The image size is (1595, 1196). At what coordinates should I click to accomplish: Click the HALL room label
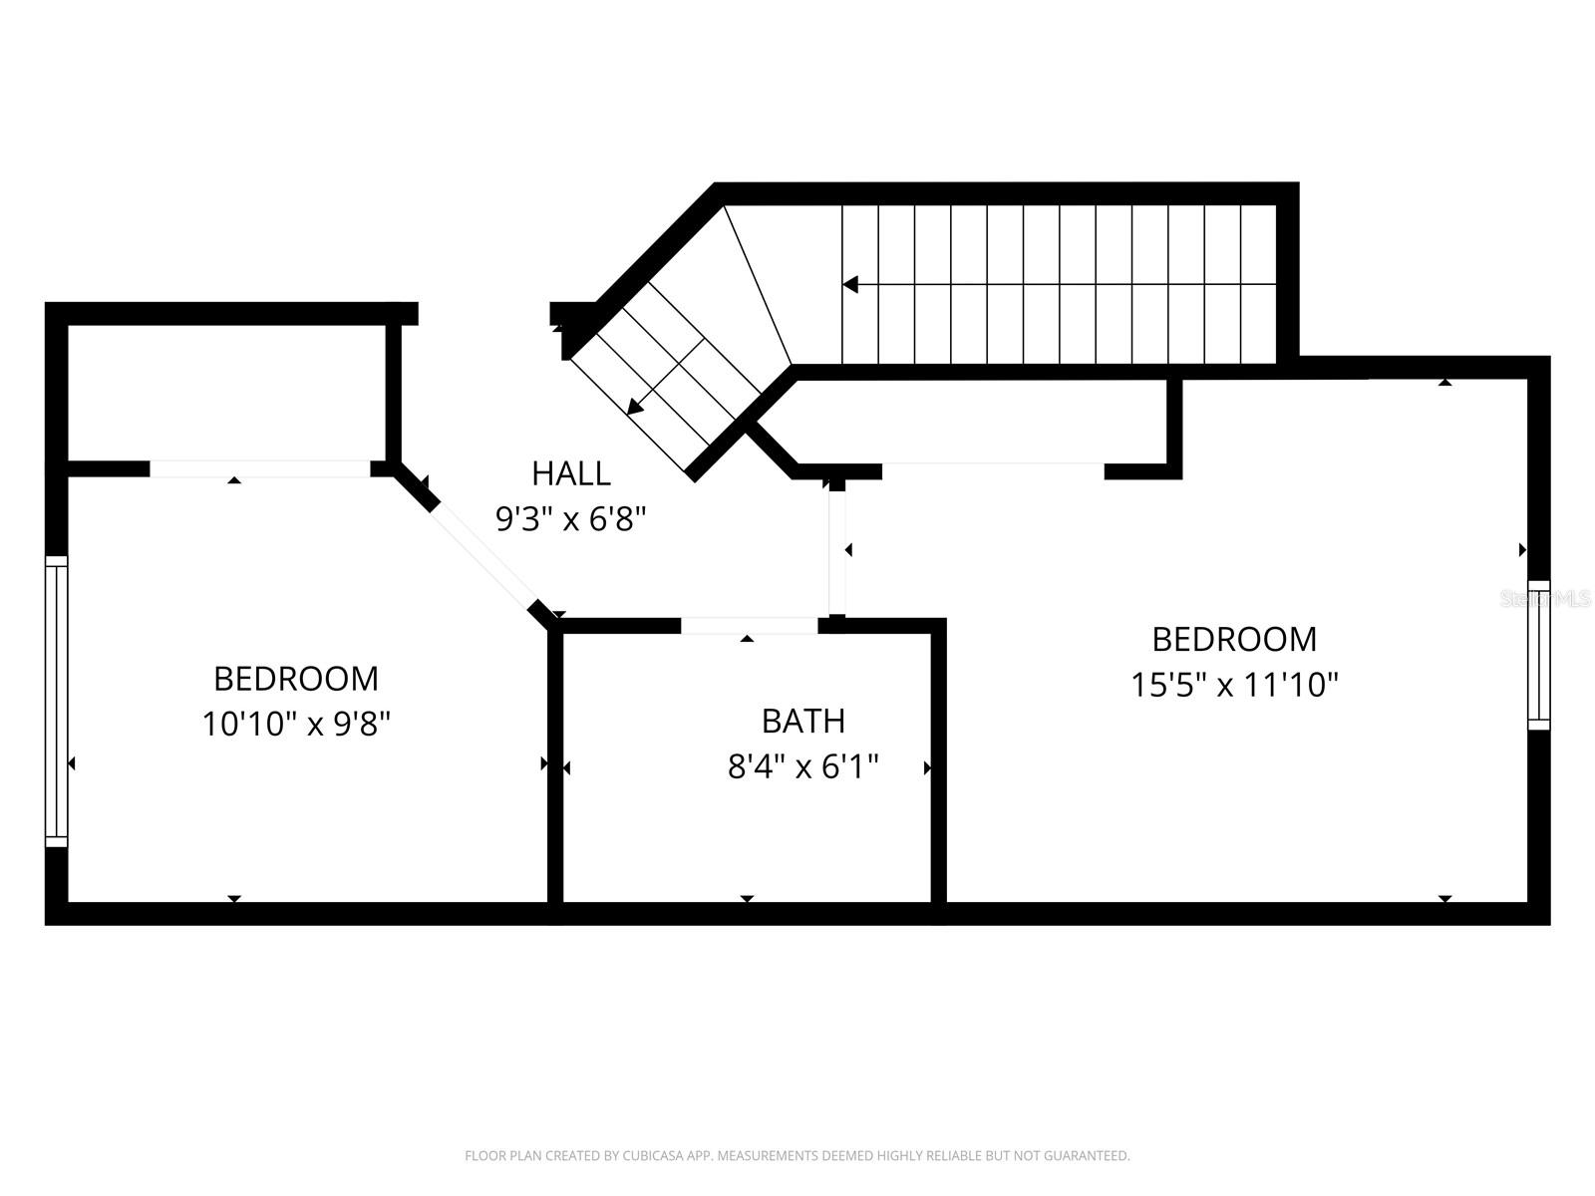tap(570, 472)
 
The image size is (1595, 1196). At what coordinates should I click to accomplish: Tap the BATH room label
tap(802, 720)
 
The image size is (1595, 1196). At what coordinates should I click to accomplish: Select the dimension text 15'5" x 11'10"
tap(1234, 685)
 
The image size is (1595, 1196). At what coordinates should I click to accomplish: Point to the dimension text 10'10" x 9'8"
tap(296, 724)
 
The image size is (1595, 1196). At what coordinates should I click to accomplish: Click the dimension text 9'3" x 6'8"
tap(570, 518)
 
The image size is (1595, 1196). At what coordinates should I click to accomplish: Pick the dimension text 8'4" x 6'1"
tap(802, 766)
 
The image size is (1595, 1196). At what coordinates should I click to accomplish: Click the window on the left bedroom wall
tap(57, 702)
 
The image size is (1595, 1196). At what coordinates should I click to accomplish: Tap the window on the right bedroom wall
tap(1539, 655)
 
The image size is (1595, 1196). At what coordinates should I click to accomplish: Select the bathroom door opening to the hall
tap(749, 626)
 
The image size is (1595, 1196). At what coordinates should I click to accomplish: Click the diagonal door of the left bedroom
tap(482, 554)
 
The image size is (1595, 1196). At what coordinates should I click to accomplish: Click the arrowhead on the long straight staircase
tap(850, 285)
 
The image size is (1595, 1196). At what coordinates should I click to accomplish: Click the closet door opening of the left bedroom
tap(259, 468)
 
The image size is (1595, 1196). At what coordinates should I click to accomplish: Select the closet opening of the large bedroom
tap(993, 470)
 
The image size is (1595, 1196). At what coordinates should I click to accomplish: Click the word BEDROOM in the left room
tap(296, 678)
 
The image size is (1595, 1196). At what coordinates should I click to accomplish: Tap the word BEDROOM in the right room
tap(1234, 638)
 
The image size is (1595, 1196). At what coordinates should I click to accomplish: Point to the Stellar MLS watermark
tap(1546, 599)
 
